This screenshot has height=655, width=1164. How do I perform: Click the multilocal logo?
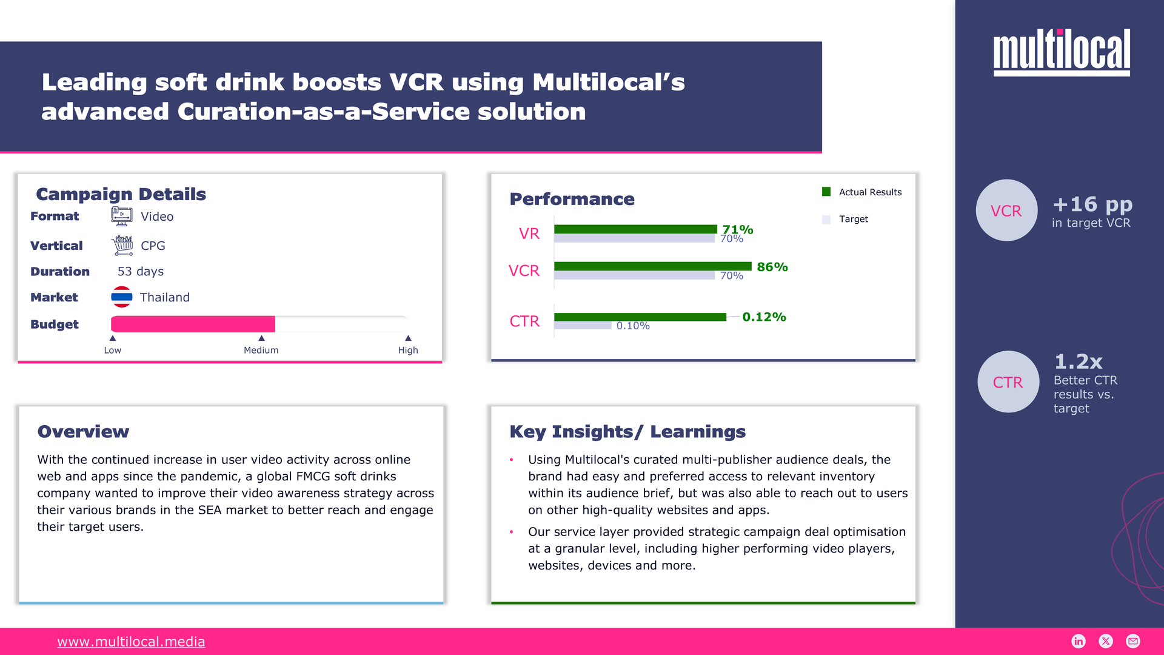tap(1061, 52)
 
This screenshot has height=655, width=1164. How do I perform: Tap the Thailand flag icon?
tap(122, 297)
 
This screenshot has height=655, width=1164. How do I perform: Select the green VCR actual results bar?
tap(652, 266)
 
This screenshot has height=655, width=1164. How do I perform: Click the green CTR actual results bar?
tap(640, 317)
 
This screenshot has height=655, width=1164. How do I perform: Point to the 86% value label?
tap(772, 267)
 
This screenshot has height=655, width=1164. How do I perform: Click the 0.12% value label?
tap(764, 317)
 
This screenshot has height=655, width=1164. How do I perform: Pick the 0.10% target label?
tap(633, 326)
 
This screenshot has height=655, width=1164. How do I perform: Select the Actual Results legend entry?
tap(861, 192)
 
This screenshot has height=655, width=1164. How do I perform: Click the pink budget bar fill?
tap(193, 324)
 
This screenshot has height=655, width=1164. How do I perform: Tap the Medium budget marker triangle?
tap(261, 338)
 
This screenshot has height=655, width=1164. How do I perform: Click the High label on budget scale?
tap(408, 350)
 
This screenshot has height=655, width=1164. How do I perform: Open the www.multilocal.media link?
tap(131, 642)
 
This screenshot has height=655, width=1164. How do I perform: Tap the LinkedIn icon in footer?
tap(1079, 641)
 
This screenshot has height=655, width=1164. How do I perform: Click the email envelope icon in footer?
tap(1132, 641)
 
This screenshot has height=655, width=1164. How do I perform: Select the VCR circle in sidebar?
tap(1006, 210)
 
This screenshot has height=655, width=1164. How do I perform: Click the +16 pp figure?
tap(1092, 204)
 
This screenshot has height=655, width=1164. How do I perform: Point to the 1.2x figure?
tap(1078, 361)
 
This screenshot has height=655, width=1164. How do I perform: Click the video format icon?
tap(122, 216)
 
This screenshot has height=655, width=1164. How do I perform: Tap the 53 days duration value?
tap(141, 272)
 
